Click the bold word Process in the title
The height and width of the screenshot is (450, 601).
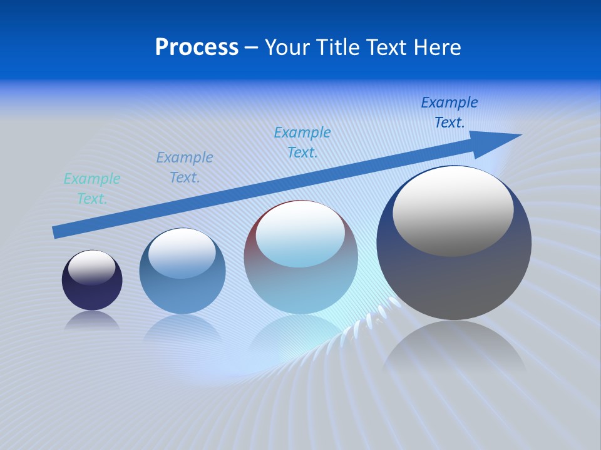tap(197, 47)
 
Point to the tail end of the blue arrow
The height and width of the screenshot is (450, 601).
tap(56, 232)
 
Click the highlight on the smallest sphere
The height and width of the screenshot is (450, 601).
tap(91, 267)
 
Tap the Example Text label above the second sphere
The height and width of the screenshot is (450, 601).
tap(185, 167)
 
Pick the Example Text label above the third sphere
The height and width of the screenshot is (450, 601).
tap(302, 142)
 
